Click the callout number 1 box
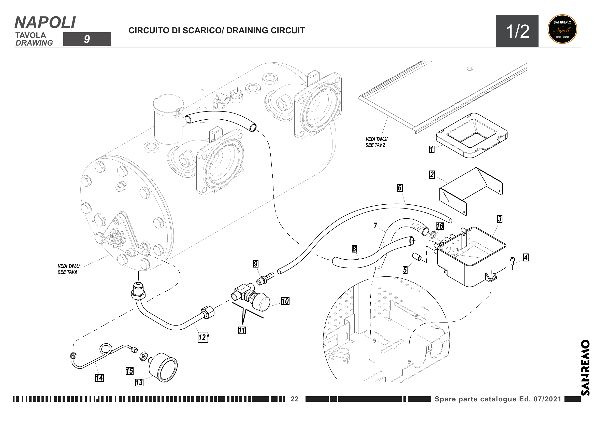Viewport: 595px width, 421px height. (x=432, y=149)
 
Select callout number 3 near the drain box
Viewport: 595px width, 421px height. (x=500, y=219)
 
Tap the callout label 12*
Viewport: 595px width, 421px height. (x=203, y=337)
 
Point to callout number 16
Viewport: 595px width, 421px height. (x=440, y=226)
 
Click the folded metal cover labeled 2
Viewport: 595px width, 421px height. (x=471, y=189)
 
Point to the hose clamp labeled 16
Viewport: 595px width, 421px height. (x=432, y=235)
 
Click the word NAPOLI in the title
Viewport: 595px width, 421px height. (x=45, y=23)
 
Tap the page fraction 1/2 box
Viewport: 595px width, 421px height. (x=517, y=31)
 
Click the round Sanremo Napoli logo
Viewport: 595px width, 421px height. (x=562, y=29)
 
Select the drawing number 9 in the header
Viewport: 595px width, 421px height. (x=87, y=39)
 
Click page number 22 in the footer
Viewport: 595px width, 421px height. (x=294, y=399)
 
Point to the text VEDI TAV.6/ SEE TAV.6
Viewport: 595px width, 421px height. (x=69, y=269)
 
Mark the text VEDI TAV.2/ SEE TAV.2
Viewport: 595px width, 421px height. (x=376, y=142)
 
